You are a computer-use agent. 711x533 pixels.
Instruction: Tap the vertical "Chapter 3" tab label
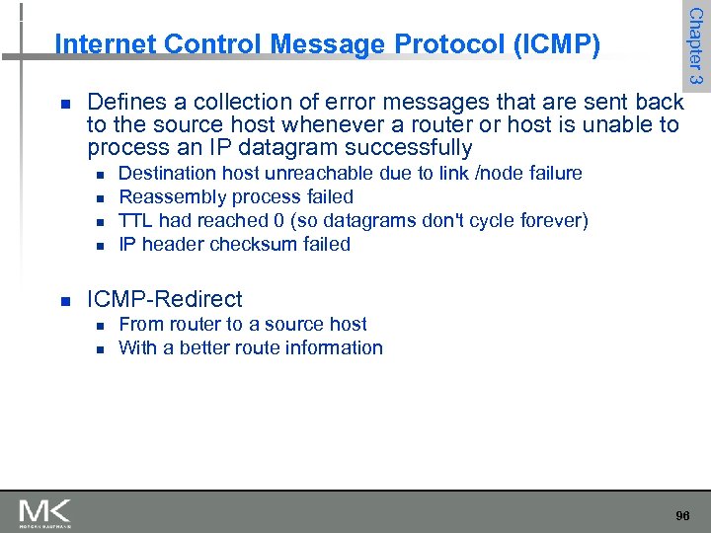click(x=695, y=46)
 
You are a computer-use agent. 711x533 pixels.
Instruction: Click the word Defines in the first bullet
click(x=121, y=102)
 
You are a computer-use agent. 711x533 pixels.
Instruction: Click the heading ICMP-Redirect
click(x=164, y=298)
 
